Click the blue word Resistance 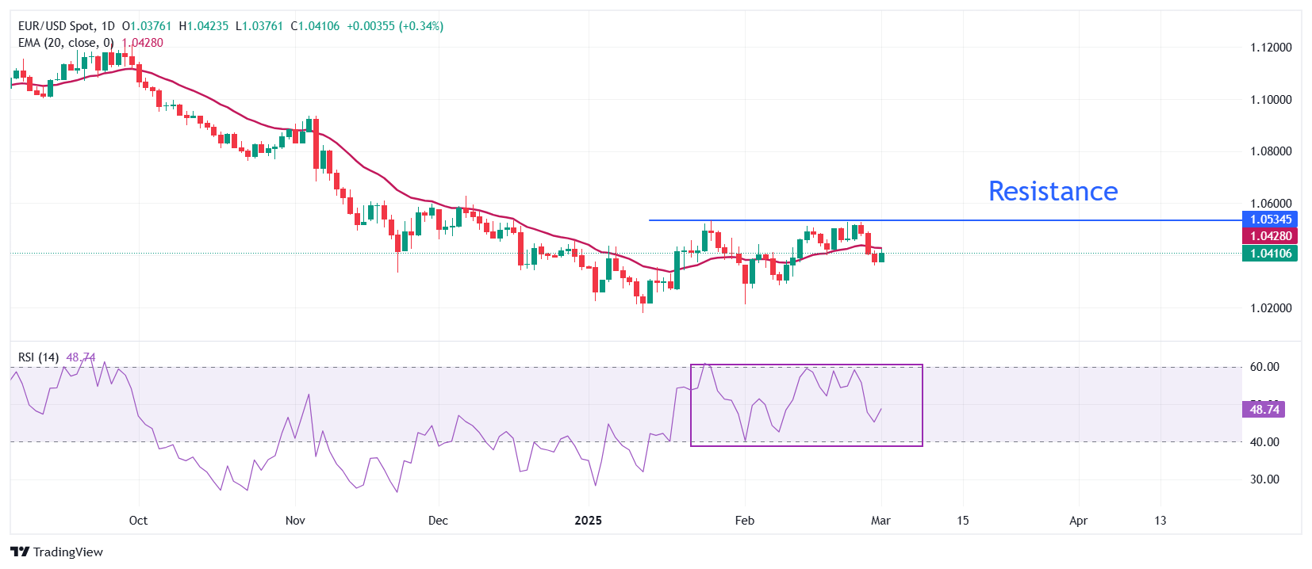[1053, 191]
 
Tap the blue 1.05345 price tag [1271, 220]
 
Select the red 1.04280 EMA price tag [1271, 236]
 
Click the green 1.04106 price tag [1271, 254]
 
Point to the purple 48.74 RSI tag [1264, 410]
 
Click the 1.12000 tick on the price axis [1271, 48]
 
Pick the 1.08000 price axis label [1271, 151]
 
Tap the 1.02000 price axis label [1271, 308]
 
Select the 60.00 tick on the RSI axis [1264, 367]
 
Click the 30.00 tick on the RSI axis [1264, 479]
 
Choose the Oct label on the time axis [138, 521]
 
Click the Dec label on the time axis [438, 521]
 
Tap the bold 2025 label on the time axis [588, 521]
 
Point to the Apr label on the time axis [1078, 521]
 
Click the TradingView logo [57, 552]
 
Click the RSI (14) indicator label [38, 357]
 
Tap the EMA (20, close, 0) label [66, 43]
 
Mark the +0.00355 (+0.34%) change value [395, 26]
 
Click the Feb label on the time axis [744, 521]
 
